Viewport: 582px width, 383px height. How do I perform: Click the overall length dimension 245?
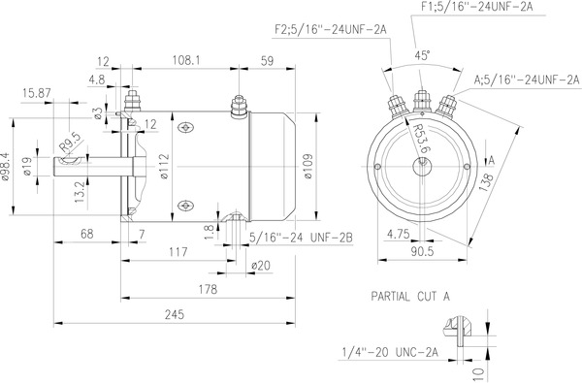tap(175, 314)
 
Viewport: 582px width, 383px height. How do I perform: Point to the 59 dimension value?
tap(268, 60)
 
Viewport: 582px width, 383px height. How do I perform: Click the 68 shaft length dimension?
tap(86, 233)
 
